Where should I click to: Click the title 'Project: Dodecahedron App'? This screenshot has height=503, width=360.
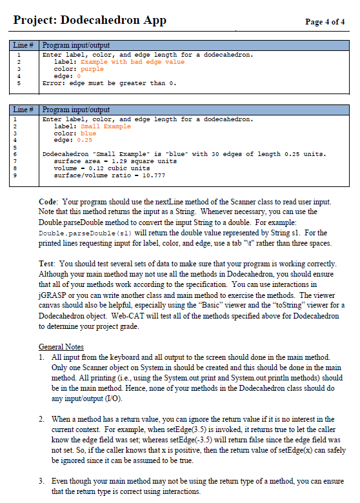90,20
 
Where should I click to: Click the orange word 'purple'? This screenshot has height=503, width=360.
90,69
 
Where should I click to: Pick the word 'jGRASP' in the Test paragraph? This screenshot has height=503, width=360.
53,295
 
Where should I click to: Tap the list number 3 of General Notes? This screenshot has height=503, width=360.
41,481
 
